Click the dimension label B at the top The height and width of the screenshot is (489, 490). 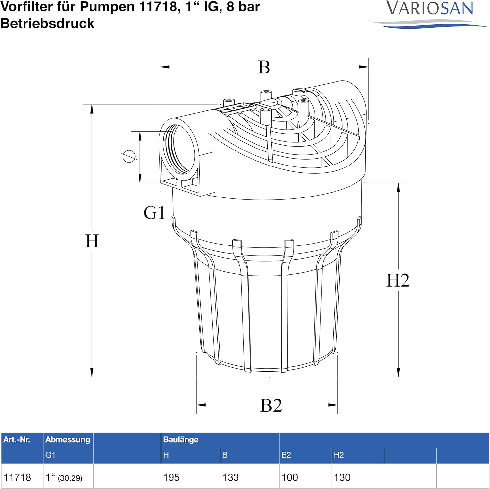coord(264,68)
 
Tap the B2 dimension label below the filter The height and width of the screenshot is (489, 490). coord(271,405)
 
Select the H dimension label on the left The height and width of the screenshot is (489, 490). coord(92,241)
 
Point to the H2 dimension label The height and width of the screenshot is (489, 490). coord(398,280)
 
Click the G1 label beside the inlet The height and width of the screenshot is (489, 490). coord(154,213)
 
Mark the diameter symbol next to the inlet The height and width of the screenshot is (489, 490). coord(129,156)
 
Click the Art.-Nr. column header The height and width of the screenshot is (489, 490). coord(17,440)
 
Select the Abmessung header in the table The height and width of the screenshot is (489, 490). coord(68,440)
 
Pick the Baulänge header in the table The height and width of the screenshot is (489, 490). coord(181,440)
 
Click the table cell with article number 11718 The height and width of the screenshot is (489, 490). coord(17,477)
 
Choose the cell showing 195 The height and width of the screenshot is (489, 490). coord(171,477)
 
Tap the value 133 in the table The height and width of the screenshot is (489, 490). coord(231,477)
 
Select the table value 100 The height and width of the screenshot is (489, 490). coord(290,477)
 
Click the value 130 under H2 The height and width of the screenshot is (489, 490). coord(342,477)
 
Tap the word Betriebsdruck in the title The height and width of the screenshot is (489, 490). coord(47,24)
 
